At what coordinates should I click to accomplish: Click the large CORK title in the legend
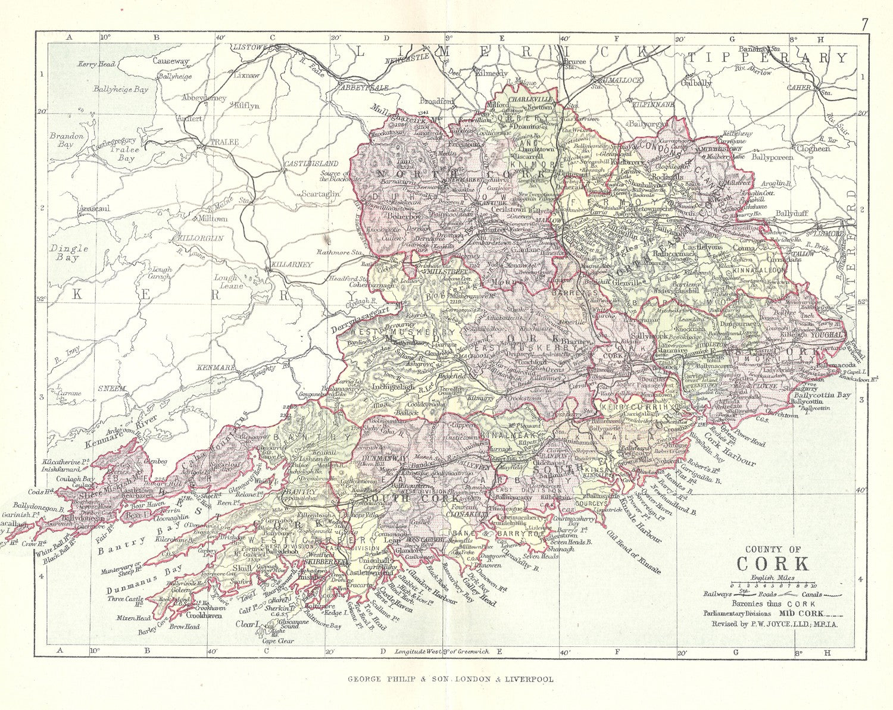click(x=773, y=564)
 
